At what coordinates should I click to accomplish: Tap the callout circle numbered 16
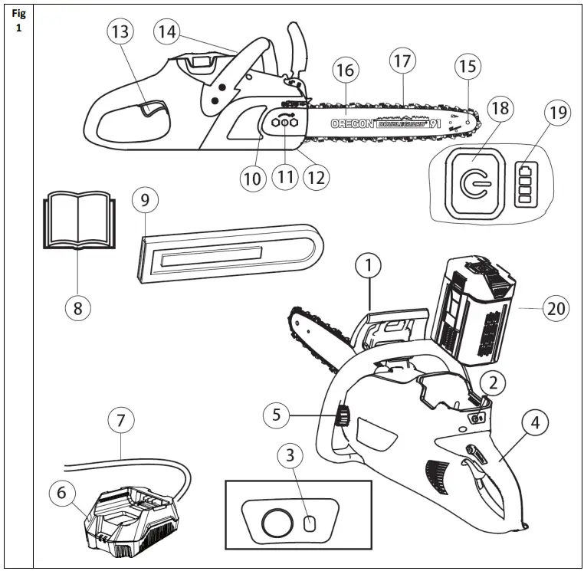346,71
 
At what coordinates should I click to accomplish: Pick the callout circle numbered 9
145,201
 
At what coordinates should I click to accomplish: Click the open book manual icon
77,222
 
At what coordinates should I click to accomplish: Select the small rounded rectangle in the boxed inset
310,523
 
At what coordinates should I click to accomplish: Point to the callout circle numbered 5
277,415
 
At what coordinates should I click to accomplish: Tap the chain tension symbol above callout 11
285,122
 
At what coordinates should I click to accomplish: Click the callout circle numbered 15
467,67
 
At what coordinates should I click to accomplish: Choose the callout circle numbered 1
369,267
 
